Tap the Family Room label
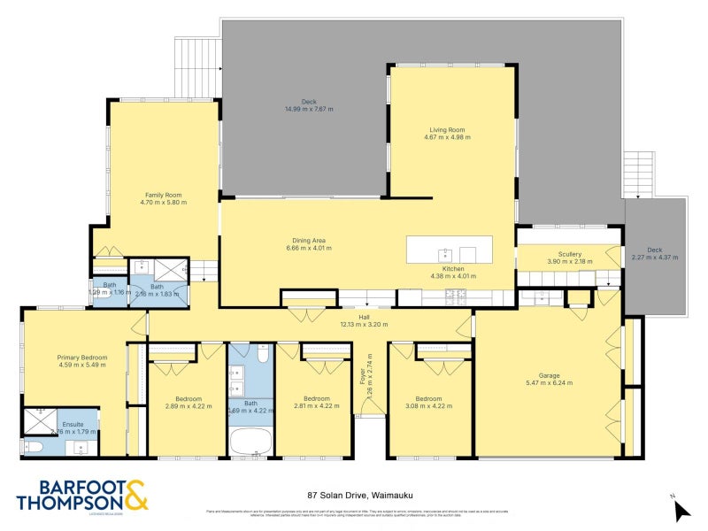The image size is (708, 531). tap(164, 195)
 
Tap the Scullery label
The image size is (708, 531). tap(564, 254)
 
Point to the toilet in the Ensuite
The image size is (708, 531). tap(30, 446)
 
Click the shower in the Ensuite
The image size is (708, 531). tap(39, 417)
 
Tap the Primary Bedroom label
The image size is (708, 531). tap(81, 358)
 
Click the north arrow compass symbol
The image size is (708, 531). tap(681, 508)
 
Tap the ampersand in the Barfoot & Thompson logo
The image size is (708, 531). tap(135, 495)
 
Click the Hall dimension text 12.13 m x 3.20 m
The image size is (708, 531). tap(363, 324)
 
